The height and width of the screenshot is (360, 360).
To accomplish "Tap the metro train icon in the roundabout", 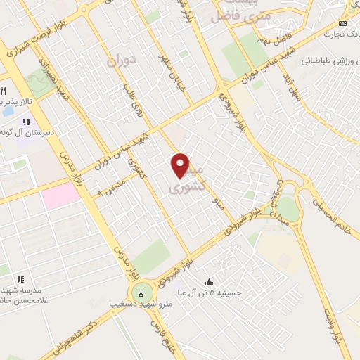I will (140, 292).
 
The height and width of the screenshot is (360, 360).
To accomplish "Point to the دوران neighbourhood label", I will (120, 62).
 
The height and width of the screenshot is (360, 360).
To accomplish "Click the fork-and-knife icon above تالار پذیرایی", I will (3, 92).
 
